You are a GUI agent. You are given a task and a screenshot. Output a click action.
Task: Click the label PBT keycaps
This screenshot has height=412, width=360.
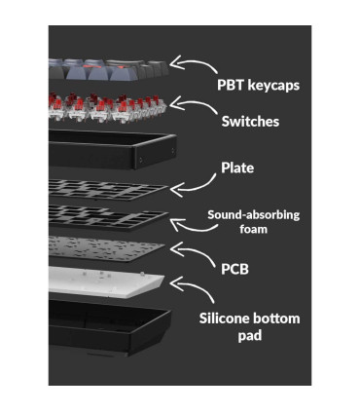pos(258,85)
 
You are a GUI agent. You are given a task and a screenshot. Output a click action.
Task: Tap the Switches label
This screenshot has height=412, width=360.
pos(250,122)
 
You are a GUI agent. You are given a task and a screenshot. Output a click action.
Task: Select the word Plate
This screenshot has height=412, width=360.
pos(237,168)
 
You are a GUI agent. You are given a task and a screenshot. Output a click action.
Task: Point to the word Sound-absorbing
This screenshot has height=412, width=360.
pos(254,215)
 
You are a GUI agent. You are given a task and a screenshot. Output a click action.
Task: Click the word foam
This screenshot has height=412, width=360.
pos(254,229)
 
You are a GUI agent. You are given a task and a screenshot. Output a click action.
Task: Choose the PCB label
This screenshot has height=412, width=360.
pos(234,269)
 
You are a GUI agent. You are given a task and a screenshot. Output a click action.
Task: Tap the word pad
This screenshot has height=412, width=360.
pos(250,336)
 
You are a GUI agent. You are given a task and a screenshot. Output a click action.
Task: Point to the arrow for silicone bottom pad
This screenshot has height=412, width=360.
pos(197,285)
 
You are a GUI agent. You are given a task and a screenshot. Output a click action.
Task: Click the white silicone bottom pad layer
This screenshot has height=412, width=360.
pos(106,281)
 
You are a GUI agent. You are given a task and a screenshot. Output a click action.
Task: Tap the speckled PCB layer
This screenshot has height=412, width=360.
pos(106,248)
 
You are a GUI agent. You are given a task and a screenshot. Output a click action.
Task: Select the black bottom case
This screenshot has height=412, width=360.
pos(110,326)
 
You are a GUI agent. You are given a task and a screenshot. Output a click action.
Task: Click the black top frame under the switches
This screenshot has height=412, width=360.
pos(112,149)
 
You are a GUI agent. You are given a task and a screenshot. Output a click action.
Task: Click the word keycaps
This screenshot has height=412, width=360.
pos(273,86)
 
